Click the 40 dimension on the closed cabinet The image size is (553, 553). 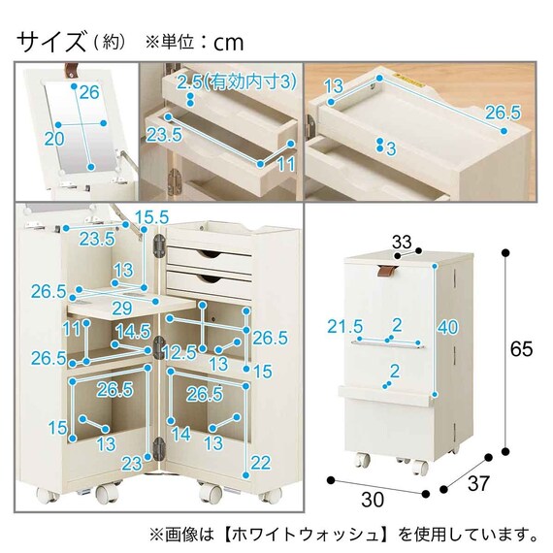pos(448,327)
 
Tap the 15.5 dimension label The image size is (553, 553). pos(150,214)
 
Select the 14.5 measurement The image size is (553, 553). pos(132,330)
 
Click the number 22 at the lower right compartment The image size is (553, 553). pos(258,464)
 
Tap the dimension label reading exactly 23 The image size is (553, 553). pos(132,464)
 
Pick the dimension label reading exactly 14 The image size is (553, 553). pos(181,434)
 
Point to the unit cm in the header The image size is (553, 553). pos(229,43)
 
